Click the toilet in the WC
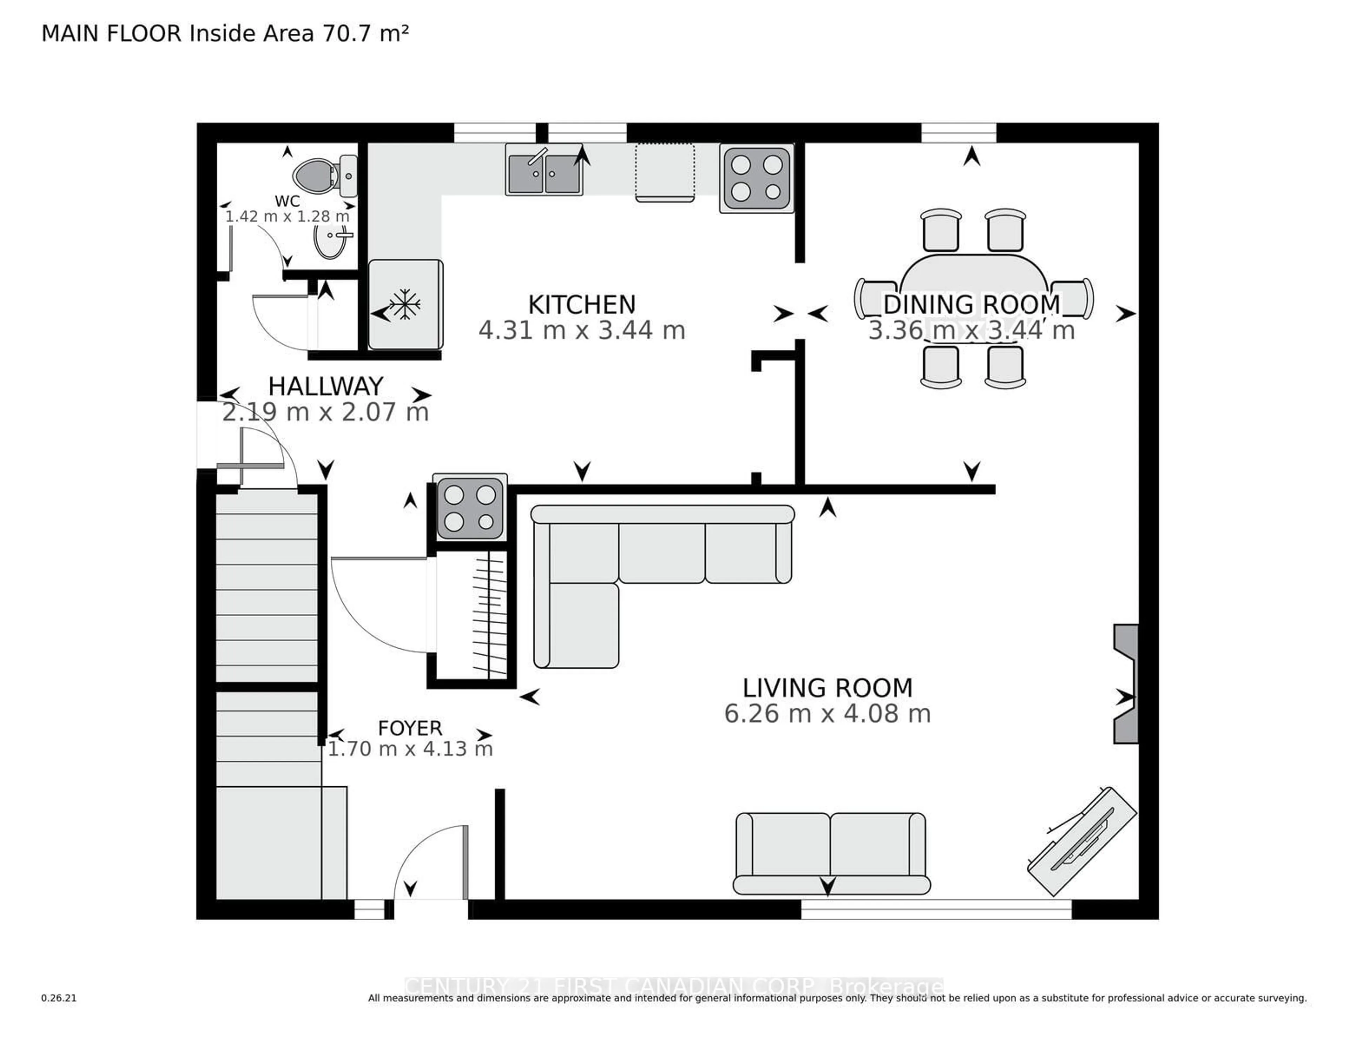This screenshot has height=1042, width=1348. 321,175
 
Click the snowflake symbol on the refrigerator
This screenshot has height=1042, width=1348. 404,304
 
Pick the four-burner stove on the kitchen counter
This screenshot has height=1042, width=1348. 756,178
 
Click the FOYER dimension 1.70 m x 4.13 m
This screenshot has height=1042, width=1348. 410,749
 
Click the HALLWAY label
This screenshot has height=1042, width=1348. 325,387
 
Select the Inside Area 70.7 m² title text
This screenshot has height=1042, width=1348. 299,33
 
